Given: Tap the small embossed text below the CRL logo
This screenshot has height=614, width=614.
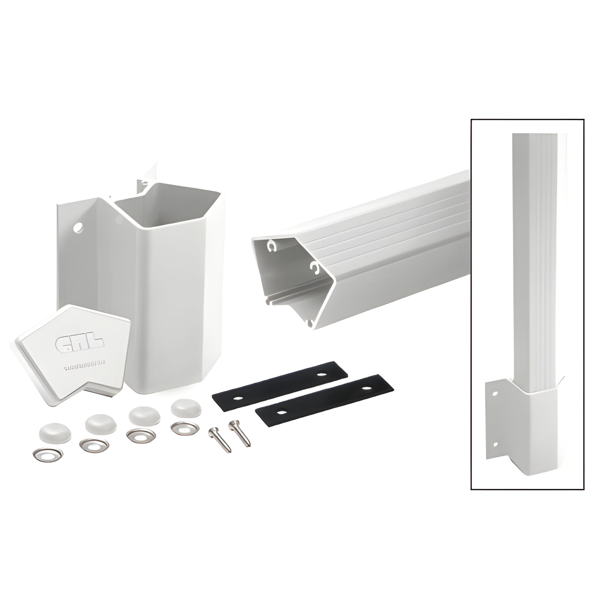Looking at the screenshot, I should (x=85, y=369).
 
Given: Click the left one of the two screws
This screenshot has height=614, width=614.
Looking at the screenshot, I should (x=220, y=440).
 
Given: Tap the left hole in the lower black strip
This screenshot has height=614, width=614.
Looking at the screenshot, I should (x=280, y=412).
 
